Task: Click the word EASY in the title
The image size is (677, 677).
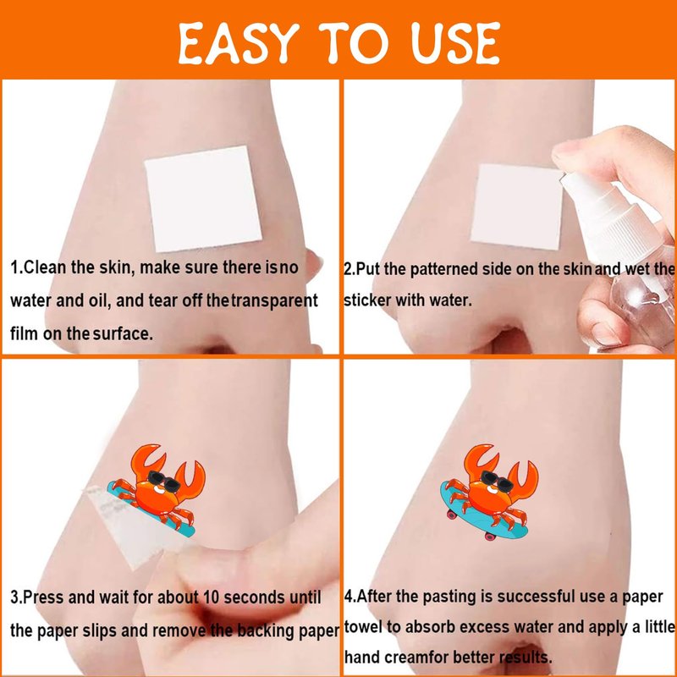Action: click(x=239, y=43)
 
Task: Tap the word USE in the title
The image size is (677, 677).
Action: click(x=455, y=43)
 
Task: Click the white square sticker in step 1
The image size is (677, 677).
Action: click(x=203, y=199)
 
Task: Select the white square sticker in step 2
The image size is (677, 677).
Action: click(x=516, y=207)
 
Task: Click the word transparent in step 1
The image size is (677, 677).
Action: click(x=274, y=300)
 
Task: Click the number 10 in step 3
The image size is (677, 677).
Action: click(x=212, y=597)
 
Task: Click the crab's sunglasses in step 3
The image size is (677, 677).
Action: click(x=163, y=482)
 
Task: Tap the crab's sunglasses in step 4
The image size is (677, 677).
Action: click(x=497, y=482)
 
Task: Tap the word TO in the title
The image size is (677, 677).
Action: click(x=354, y=43)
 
